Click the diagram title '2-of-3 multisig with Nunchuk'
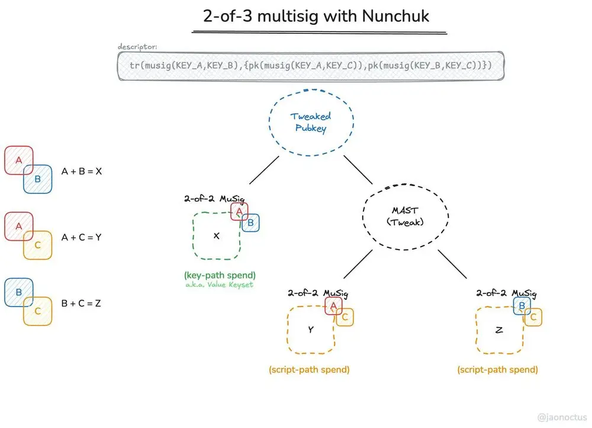pos(316,16)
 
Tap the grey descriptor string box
pos(310,65)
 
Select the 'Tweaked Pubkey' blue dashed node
pos(311,122)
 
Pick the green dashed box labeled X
pos(216,236)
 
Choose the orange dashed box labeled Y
pos(310,330)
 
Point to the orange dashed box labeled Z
pos(499,330)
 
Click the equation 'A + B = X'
pos(82,171)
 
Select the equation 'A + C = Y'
pos(82,237)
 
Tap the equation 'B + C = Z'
pos(82,304)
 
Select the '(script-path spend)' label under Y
pos(309,369)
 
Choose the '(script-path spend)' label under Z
pos(497,369)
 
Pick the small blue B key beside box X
pos(250,223)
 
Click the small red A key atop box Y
pos(333,306)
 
